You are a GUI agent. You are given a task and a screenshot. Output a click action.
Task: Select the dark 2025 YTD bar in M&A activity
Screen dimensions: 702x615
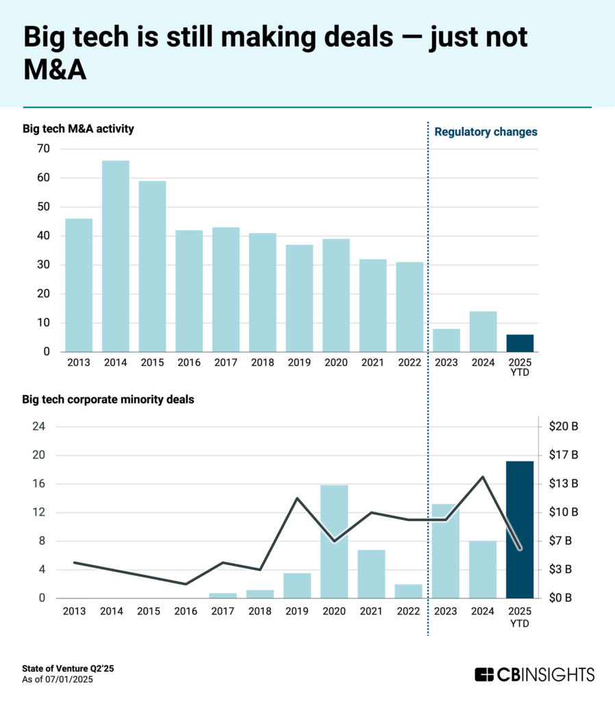click(x=519, y=343)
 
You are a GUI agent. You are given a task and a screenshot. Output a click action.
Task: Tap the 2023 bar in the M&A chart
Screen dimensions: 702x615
click(x=446, y=340)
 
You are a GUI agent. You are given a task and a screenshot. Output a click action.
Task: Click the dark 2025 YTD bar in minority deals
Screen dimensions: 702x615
click(x=519, y=529)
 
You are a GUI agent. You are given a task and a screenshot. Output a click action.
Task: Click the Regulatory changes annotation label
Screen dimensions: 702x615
click(x=486, y=132)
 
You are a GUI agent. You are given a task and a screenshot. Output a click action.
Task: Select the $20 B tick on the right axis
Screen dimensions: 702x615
click(x=564, y=426)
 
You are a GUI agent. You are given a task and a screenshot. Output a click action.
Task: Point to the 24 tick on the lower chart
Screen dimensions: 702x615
click(x=40, y=426)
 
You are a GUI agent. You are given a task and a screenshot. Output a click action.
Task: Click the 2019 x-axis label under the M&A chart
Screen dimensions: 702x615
click(x=299, y=363)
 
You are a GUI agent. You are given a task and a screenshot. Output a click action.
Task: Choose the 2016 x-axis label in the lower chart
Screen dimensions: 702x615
click(x=188, y=610)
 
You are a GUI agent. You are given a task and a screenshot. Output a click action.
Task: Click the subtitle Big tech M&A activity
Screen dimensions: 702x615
click(x=78, y=128)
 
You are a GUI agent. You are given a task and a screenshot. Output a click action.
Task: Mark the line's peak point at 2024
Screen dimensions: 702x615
click(x=482, y=476)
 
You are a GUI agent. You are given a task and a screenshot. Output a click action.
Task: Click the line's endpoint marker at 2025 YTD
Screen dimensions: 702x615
click(x=520, y=548)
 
